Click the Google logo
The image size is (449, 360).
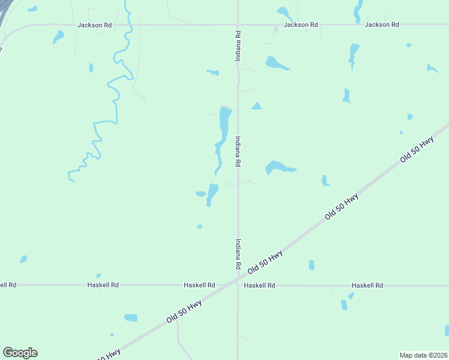[20, 353]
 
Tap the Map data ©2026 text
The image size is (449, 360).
[423, 355]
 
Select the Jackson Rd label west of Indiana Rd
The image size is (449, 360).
[94, 25]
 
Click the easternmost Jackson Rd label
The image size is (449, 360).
[382, 25]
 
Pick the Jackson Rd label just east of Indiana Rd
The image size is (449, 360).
[300, 25]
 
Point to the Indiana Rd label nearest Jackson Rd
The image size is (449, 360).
[238, 46]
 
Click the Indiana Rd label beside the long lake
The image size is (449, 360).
[238, 151]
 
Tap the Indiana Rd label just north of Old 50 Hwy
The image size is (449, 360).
[238, 253]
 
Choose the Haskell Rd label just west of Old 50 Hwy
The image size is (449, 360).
[199, 285]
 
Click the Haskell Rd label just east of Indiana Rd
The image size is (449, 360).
[259, 286]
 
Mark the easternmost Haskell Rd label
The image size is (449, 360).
[367, 286]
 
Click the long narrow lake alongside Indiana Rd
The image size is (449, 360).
[223, 129]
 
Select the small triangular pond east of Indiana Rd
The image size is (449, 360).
[256, 106]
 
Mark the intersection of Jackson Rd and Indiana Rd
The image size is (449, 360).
[238, 25]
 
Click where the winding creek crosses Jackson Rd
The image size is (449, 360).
[127, 25]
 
